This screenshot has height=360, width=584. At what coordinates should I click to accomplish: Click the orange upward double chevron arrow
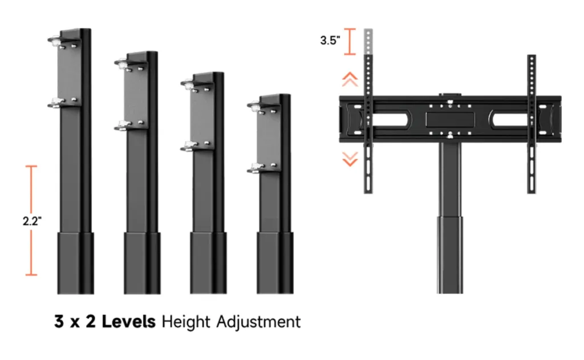click(350, 79)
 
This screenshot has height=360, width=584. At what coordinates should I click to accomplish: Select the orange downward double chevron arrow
click(350, 159)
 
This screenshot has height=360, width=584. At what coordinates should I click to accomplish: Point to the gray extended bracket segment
click(368, 41)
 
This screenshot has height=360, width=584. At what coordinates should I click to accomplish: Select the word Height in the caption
click(186, 322)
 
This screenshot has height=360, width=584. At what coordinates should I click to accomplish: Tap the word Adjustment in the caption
click(258, 322)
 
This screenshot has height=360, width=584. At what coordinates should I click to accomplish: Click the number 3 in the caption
click(59, 322)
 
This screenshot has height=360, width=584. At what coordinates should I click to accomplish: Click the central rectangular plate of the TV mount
click(451, 119)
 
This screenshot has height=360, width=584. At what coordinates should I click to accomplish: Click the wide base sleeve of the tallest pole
click(75, 262)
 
